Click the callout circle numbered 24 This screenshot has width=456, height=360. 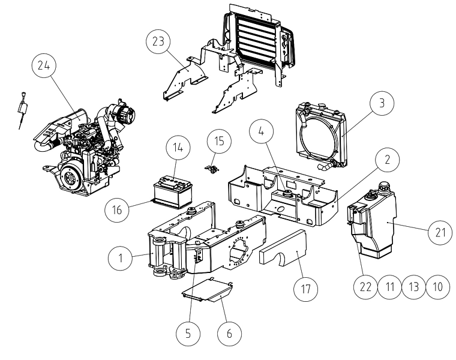point(44,65)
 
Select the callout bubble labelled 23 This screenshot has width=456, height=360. point(158,41)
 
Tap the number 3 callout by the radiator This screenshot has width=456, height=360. point(382,103)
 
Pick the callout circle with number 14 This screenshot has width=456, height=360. point(178,147)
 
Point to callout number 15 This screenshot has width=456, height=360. point(219,141)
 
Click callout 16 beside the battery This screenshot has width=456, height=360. point(117,209)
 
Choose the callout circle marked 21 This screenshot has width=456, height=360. point(440,232)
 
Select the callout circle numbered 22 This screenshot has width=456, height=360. point(365,287)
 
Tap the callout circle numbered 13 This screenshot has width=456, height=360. point(414,287)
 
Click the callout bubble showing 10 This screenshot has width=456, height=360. point(438,287)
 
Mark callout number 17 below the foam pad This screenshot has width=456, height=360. point(305,289)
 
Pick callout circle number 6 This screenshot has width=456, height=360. point(229,334)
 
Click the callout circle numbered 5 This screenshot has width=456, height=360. point(188,334)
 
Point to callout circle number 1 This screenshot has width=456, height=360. point(120,258)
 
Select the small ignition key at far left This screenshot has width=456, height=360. point(22,110)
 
